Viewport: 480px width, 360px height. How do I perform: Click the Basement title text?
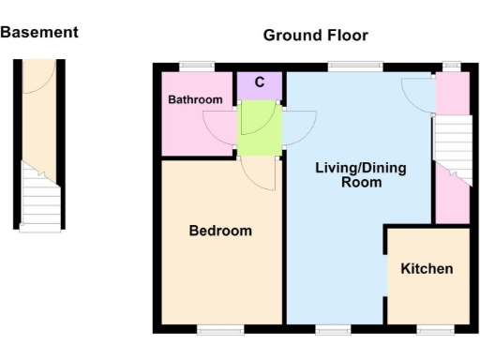click(x=39, y=32)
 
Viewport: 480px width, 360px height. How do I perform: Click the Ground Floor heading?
click(x=315, y=36)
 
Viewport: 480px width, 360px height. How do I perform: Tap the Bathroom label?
click(x=195, y=99)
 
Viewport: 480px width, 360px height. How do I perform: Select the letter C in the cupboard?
click(x=260, y=82)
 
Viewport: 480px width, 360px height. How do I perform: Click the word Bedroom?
click(x=220, y=231)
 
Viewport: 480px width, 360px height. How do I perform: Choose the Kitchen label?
click(x=427, y=269)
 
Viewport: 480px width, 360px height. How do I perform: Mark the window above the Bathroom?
click(x=197, y=66)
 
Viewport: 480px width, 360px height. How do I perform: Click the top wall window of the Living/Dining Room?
click(x=354, y=66)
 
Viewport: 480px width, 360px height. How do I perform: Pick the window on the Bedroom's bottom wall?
click(x=219, y=329)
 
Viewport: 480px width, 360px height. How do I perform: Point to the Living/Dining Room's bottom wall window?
click(x=332, y=329)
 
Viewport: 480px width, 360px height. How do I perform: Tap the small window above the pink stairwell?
click(x=451, y=66)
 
